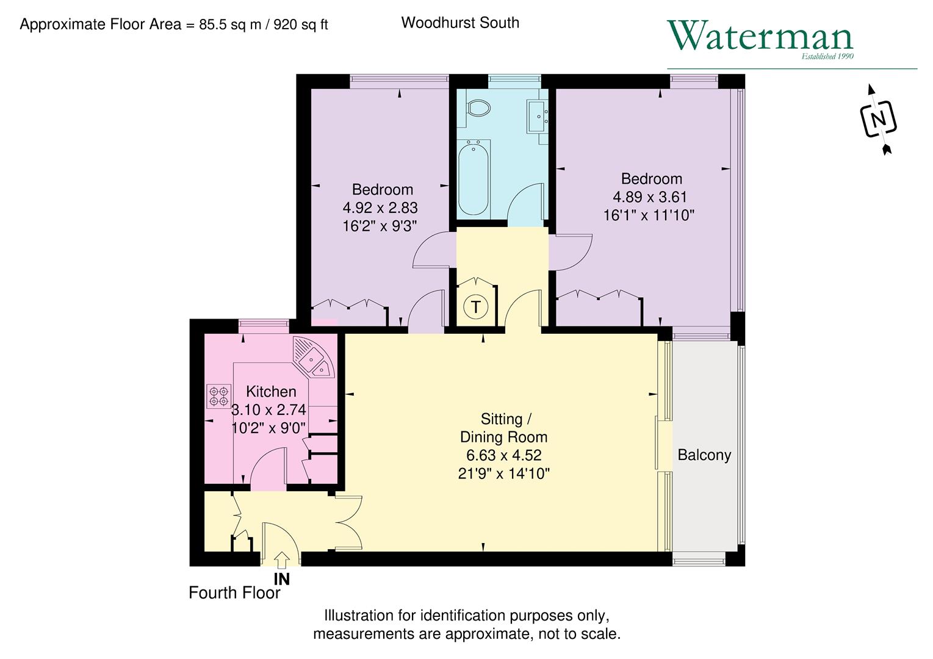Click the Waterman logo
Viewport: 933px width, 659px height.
point(760,37)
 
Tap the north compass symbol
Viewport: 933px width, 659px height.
point(878,119)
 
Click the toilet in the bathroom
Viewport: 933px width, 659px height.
point(477,109)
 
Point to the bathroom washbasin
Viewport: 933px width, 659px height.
point(538,114)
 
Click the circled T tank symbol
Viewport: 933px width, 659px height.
point(476,306)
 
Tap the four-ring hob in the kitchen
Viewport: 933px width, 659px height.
point(219,395)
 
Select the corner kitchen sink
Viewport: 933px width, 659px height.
point(312,358)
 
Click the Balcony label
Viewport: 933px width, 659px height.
point(704,455)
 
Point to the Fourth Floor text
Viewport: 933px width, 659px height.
point(234,593)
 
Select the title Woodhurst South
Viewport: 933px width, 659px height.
point(460,23)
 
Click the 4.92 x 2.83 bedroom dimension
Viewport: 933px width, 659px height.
point(380,208)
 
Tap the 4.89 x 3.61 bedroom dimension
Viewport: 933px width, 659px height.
point(650,197)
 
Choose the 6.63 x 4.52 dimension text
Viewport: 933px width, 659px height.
point(504,455)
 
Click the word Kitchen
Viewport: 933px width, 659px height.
point(271,392)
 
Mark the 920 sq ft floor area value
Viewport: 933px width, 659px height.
point(301,25)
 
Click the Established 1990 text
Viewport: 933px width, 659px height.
point(827,57)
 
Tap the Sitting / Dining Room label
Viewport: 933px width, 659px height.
point(504,428)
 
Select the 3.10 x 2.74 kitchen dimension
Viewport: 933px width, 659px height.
point(269,410)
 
